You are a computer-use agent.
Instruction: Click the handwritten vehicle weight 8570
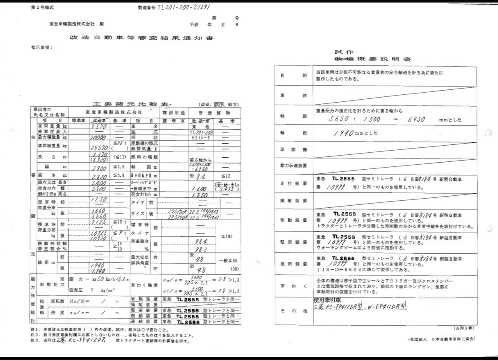click(100, 126)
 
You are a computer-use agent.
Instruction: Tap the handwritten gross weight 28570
click(99, 147)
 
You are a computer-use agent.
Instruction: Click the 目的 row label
click(293, 76)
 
